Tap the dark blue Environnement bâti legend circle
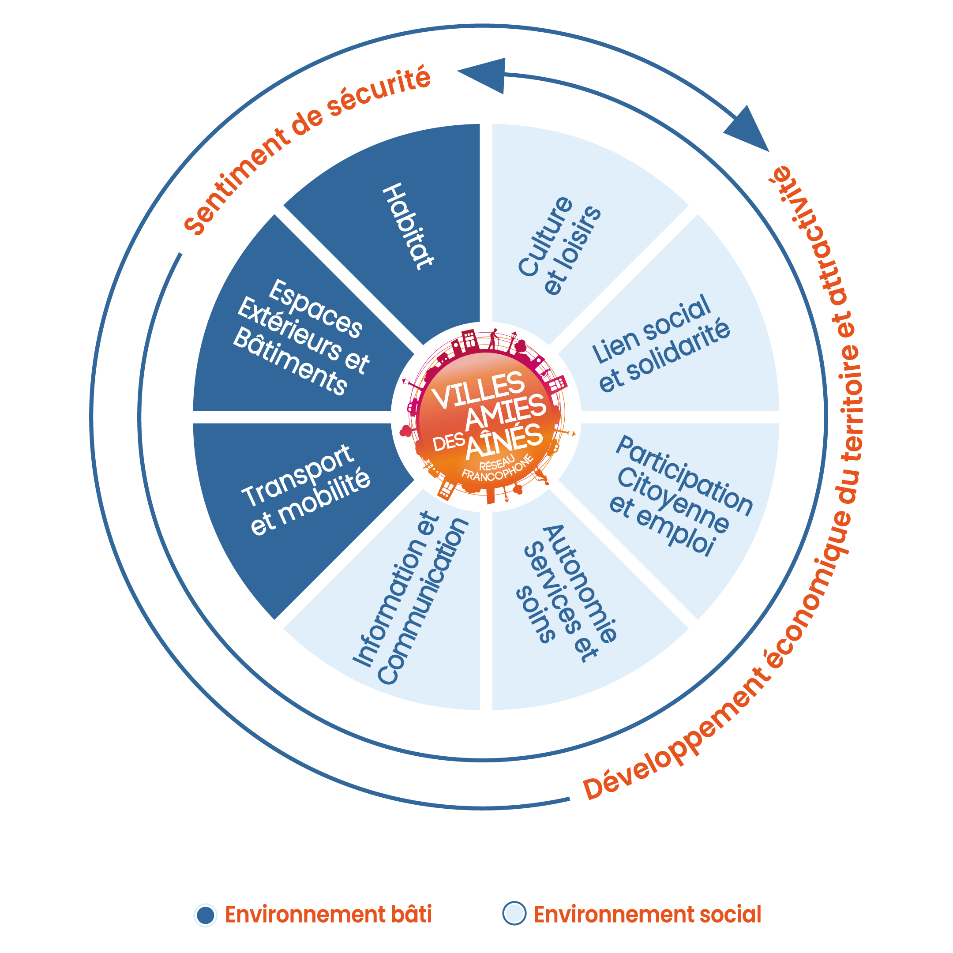point(205,915)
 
